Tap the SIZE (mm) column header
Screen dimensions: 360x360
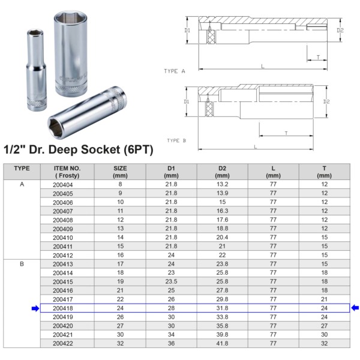point(120,172)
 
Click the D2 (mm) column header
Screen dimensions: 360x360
point(222,172)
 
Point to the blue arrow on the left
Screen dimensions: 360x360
point(35,308)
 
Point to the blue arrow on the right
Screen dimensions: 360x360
point(355,308)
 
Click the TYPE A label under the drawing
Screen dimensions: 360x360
point(175,71)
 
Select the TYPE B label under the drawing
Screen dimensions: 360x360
point(176,140)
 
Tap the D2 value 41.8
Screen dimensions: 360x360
point(222,343)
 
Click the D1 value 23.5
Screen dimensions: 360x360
point(171,281)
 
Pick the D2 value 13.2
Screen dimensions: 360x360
point(222,185)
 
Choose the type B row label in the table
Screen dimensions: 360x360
point(22,263)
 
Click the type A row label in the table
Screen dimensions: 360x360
point(22,185)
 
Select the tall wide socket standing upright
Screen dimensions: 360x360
point(71,51)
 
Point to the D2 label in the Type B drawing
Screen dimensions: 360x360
point(326,101)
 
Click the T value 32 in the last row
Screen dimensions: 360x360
point(324,343)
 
